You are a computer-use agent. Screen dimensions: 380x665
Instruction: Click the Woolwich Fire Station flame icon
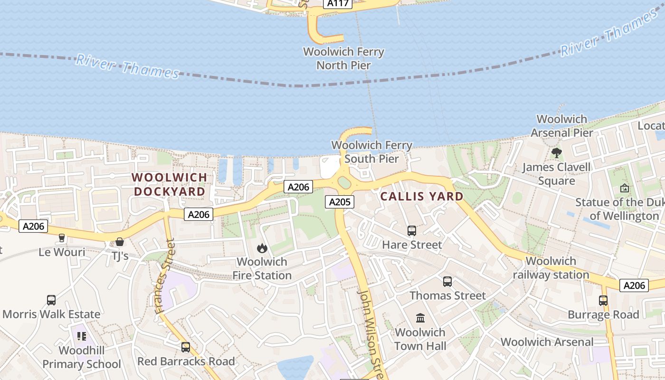pos(262,248)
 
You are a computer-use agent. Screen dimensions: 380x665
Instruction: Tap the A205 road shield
pos(340,202)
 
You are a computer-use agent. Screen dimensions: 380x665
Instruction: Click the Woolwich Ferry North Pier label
pos(343,58)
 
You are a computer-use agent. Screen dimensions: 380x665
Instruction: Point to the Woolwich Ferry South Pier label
pos(371,152)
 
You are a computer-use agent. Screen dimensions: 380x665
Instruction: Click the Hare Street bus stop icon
pos(412,231)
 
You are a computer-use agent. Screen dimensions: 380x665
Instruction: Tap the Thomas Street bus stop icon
pos(447,282)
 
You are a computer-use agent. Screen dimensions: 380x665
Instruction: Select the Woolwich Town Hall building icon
pos(420,318)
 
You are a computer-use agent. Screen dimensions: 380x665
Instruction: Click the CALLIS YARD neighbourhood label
pos(422,197)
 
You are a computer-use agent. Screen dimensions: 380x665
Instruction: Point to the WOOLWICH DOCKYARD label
pos(170,184)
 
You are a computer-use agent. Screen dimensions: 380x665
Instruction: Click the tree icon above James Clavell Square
pos(556,153)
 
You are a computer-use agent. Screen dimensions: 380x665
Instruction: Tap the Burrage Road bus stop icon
pos(603,301)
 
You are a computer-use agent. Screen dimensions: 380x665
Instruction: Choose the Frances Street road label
pos(165,276)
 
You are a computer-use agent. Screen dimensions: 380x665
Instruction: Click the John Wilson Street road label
pos(370,332)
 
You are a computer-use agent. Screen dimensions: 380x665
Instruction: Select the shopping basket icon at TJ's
pos(120,242)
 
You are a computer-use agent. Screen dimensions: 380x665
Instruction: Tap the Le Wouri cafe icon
pos(61,238)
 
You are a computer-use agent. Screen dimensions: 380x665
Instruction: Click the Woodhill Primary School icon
pos(81,336)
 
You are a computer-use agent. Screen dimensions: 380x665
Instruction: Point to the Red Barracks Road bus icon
pos(186,347)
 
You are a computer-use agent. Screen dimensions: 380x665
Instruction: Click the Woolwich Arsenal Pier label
pos(561,126)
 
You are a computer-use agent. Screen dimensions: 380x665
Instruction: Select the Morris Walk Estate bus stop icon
pos(51,300)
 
